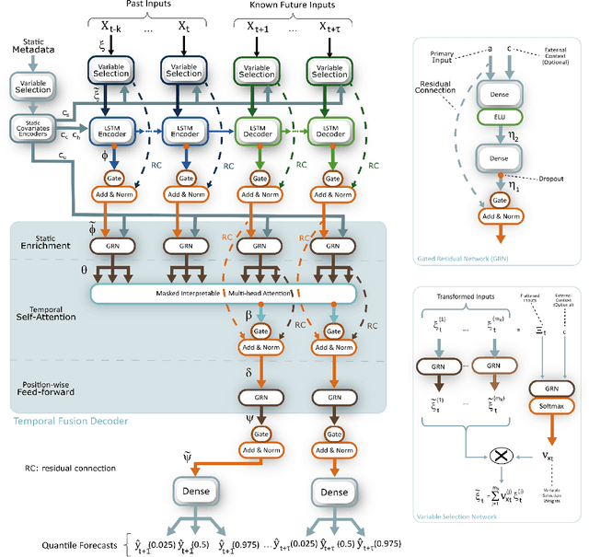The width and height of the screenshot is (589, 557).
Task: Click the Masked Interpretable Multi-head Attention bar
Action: (x=223, y=293)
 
